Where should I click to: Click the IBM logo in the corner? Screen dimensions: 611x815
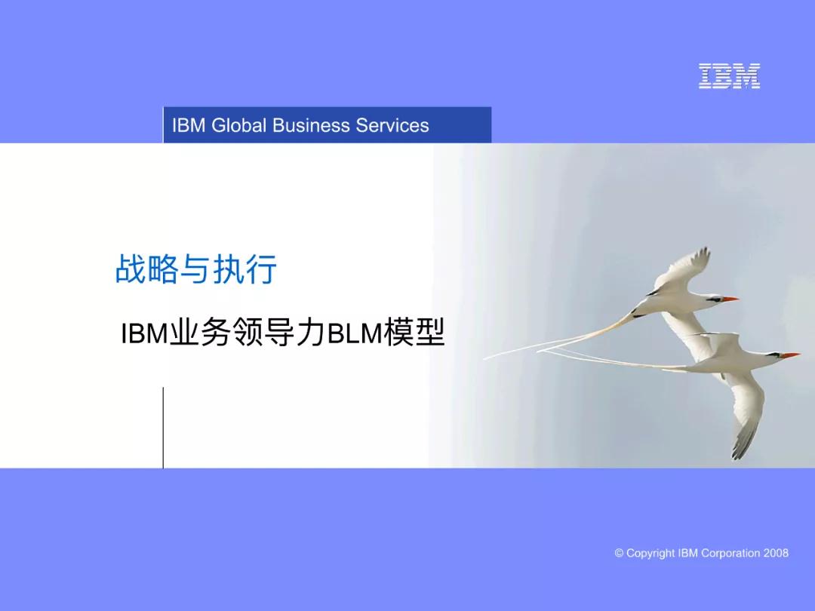tap(729, 76)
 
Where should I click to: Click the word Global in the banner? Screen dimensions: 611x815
tap(239, 125)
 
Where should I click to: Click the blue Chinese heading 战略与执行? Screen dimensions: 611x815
tap(196, 269)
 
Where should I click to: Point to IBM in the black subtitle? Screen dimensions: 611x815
tap(143, 333)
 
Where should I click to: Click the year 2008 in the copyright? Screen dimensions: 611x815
tap(776, 553)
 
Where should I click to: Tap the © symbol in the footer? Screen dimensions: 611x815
tap(620, 553)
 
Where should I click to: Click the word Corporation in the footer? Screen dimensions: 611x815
tap(730, 553)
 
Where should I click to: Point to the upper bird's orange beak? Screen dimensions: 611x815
tap(730, 299)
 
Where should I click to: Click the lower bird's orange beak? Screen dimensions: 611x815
tap(789, 355)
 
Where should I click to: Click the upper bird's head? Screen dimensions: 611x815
tap(709, 297)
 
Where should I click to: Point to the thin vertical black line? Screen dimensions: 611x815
tap(163, 427)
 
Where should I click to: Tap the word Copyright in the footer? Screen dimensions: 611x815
tap(650, 553)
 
